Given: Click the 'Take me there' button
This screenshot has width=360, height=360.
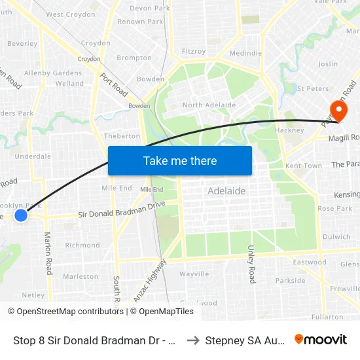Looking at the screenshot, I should click(180, 160).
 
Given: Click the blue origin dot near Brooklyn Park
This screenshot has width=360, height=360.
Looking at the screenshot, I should click(21, 215).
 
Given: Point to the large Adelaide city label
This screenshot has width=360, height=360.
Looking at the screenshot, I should click(226, 191).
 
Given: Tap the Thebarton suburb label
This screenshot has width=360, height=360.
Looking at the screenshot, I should click(122, 136).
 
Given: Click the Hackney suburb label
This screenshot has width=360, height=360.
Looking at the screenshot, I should click(290, 131).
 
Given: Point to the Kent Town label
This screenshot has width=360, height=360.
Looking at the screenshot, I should click(304, 166).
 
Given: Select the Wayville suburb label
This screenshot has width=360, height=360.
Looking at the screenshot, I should click(194, 274).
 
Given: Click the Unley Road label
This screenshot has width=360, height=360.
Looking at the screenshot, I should click(251, 264).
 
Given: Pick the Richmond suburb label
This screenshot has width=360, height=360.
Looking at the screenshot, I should click(82, 245).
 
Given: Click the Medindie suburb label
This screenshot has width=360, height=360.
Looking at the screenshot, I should click(246, 53).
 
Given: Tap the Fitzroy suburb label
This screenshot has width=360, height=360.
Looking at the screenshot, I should click(194, 51).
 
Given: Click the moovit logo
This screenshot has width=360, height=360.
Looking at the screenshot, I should click(321, 340).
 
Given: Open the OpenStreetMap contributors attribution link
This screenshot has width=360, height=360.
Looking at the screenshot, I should click(67, 312).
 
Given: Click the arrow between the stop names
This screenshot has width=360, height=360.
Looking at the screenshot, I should click(194, 340).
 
